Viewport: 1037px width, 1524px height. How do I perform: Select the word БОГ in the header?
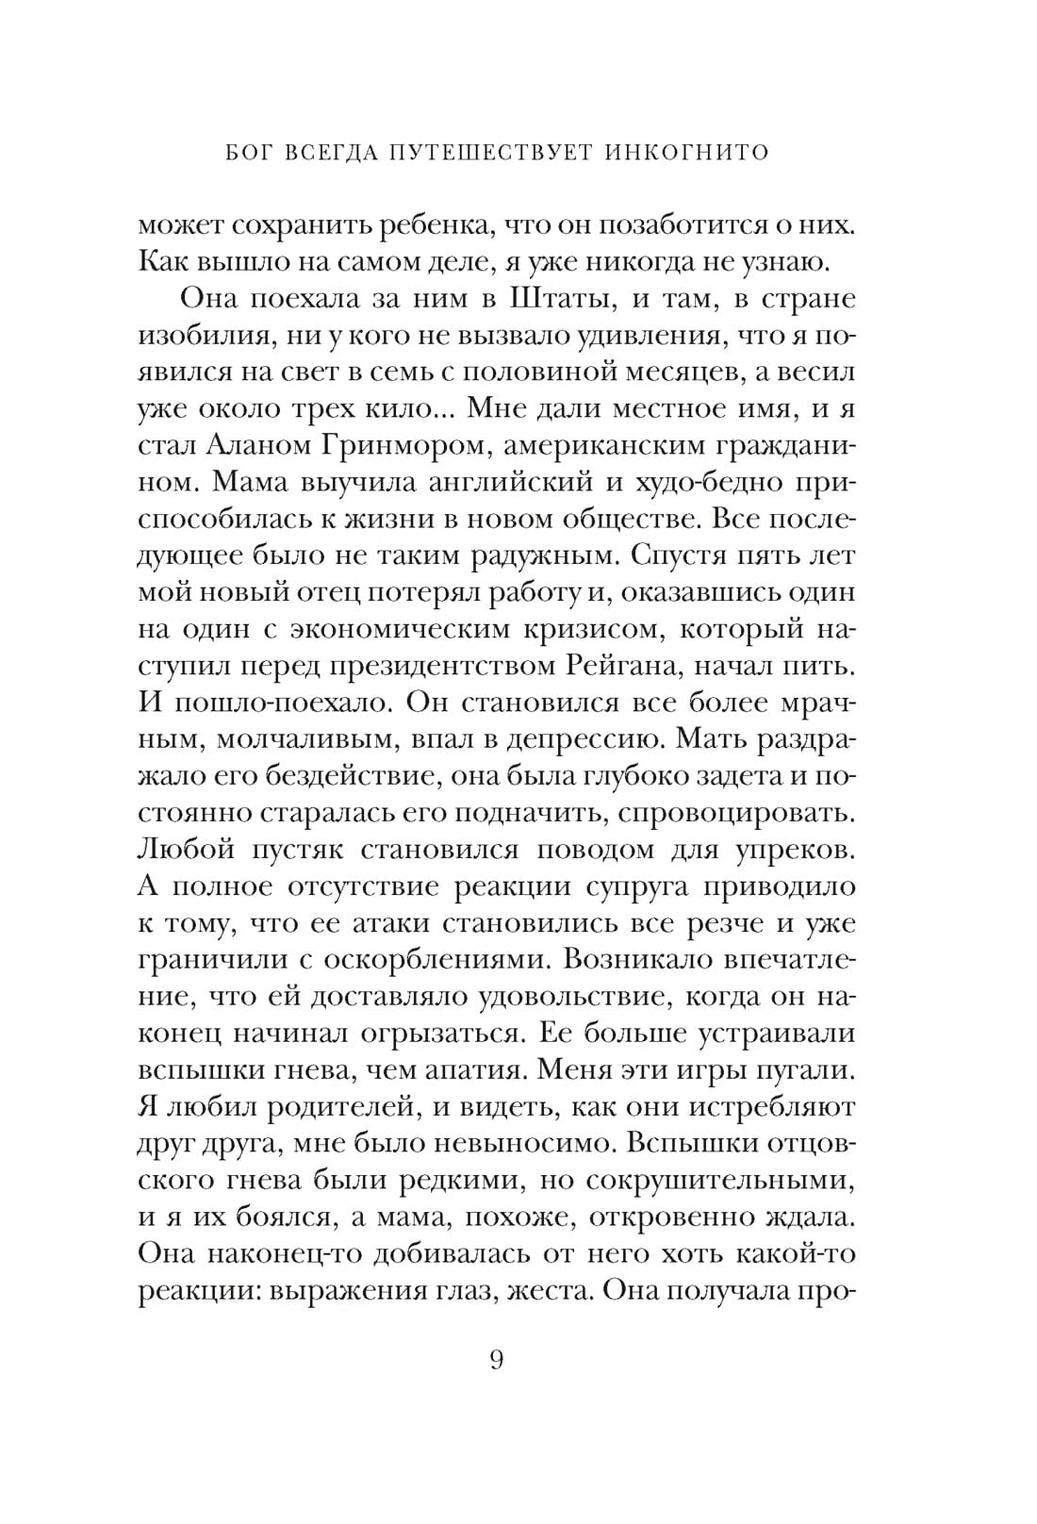pyautogui.click(x=252, y=152)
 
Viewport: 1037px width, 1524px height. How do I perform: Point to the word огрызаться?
pyautogui.click(x=440, y=1034)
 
